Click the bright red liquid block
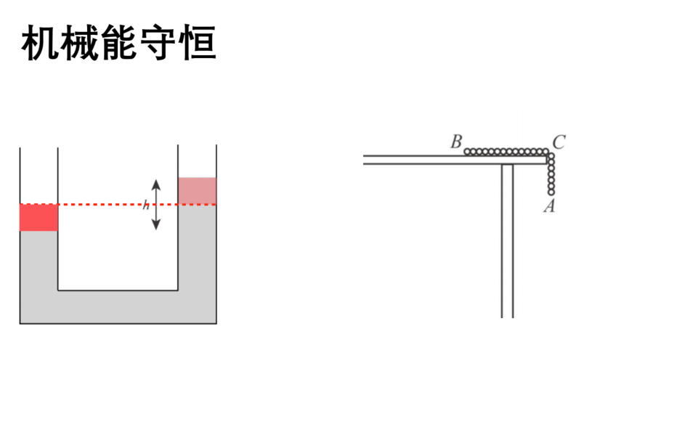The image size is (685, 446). [39, 217]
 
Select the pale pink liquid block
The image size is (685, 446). [197, 191]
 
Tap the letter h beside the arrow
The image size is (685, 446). [146, 205]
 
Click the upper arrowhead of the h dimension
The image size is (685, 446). [156, 185]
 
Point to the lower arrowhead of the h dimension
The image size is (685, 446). [156, 224]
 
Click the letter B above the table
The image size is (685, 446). [456, 142]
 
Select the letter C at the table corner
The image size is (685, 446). [559, 142]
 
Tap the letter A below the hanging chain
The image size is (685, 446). [550, 206]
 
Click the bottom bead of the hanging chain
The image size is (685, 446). [551, 192]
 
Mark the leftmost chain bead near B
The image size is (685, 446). [468, 152]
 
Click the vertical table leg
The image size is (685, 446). [507, 240]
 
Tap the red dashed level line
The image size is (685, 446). [118, 204]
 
